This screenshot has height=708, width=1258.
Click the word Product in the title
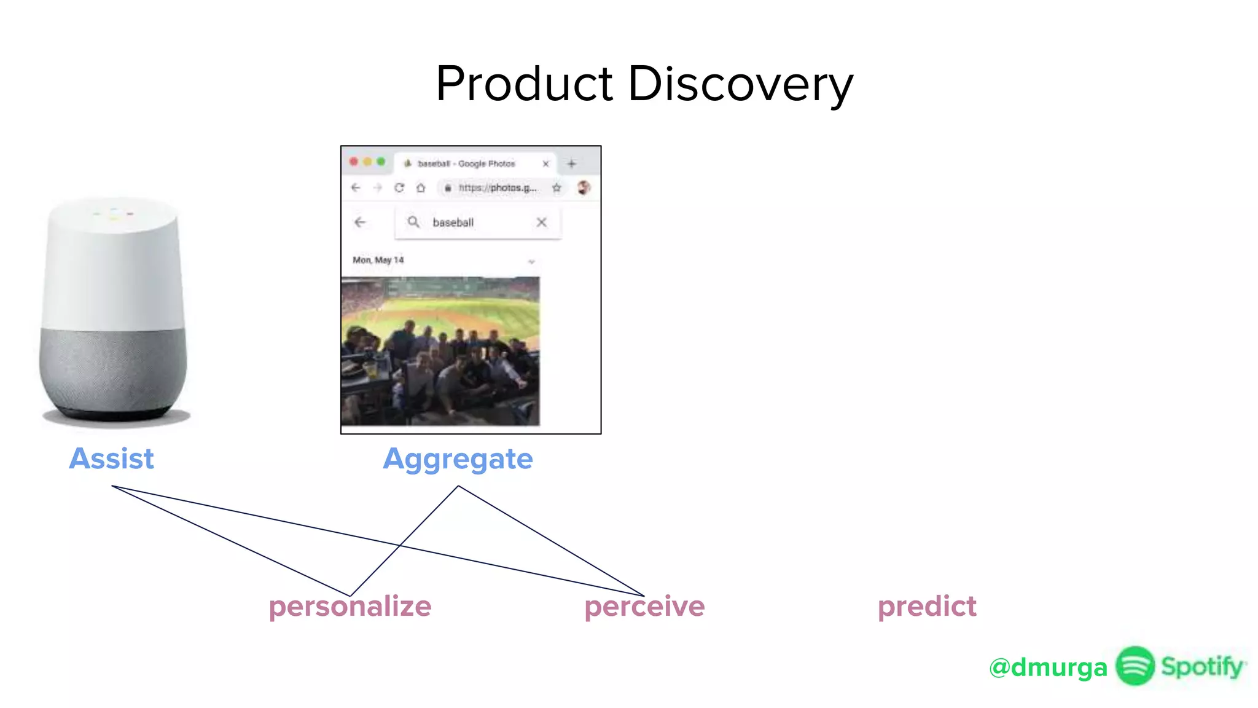524,84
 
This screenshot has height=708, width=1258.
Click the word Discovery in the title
740,84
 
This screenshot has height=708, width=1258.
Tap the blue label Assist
111,458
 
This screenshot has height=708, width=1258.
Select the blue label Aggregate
458,459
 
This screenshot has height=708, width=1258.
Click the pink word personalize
350,607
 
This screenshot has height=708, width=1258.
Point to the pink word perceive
644,607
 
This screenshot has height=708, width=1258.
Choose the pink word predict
927,607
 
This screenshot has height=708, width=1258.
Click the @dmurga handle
1048,667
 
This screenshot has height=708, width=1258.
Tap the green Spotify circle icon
1135,666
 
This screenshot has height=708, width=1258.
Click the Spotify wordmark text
1202,666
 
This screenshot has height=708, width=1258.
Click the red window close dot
354,162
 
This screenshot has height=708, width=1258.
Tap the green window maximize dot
381,162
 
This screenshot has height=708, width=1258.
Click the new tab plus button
571,163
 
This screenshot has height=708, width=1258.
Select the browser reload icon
399,187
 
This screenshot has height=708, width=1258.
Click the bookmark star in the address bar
557,187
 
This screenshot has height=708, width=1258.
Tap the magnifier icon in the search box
413,222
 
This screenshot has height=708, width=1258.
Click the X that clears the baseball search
541,222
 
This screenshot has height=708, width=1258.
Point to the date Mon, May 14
378,260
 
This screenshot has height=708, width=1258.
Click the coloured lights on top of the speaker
114,214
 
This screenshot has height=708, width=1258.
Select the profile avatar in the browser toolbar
584,187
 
